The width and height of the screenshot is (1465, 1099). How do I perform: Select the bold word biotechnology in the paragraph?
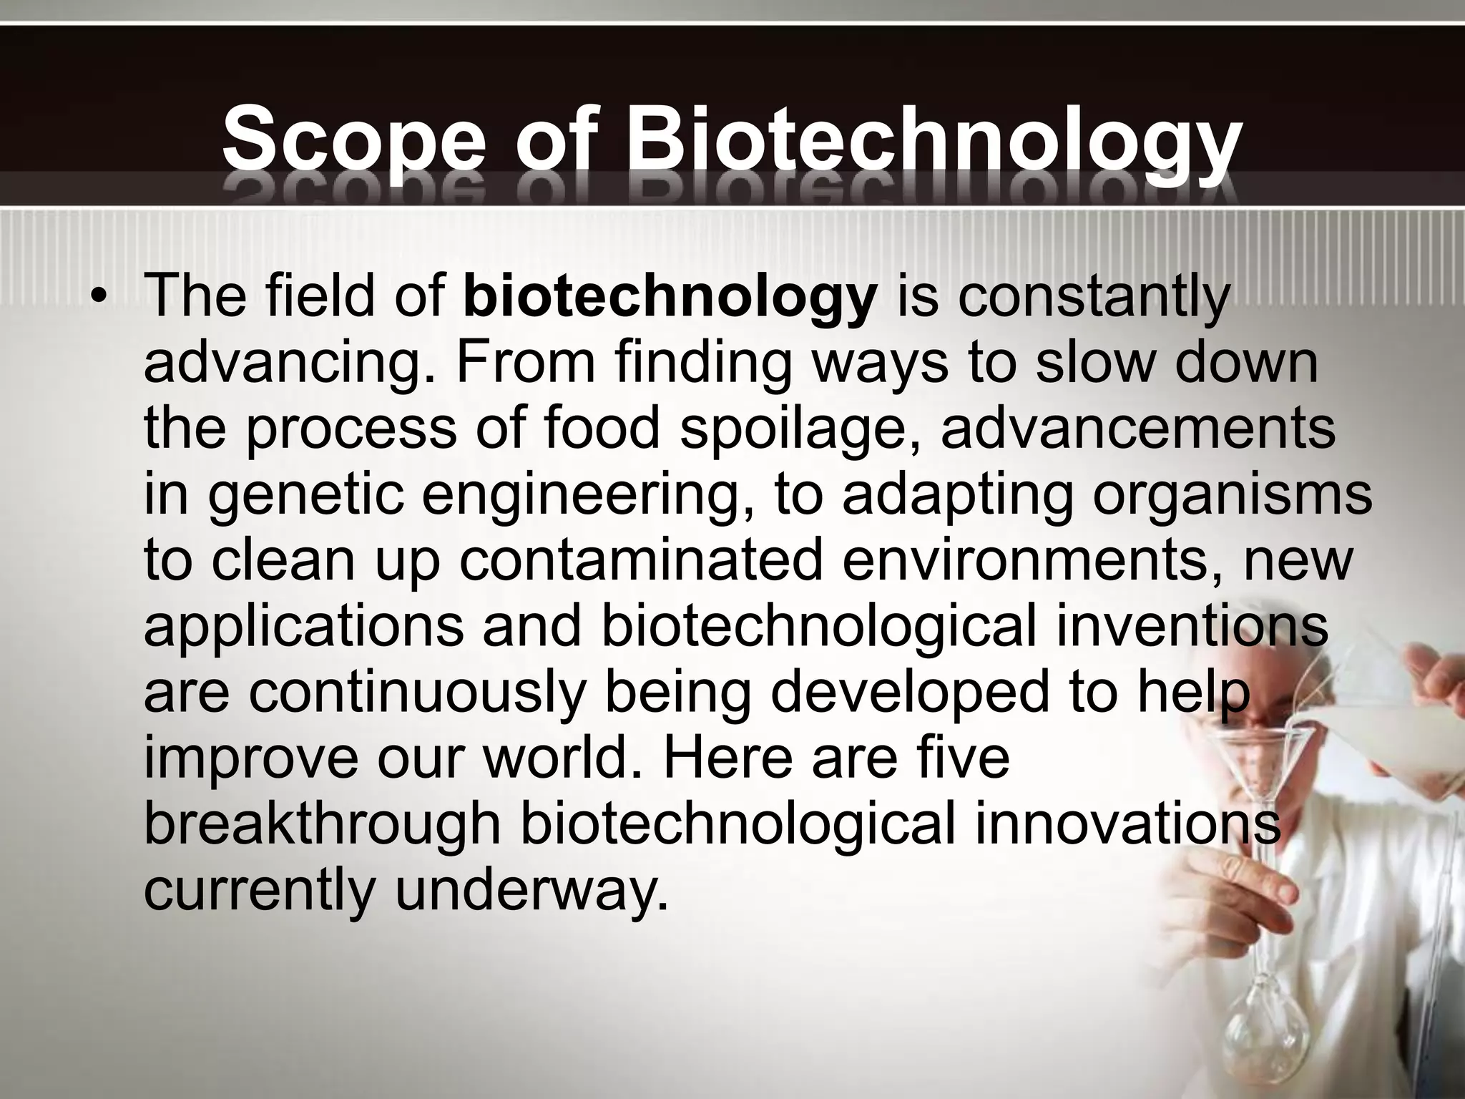[x=670, y=298]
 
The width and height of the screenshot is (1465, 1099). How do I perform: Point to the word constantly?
[x=1094, y=298]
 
